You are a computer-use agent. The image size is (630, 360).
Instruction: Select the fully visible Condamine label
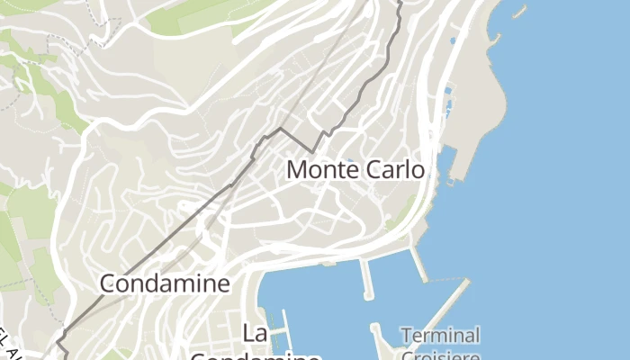pyautogui.click(x=165, y=283)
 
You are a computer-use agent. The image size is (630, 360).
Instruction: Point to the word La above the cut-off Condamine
pyautogui.click(x=255, y=334)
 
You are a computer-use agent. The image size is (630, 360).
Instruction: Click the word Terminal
pyautogui.click(x=440, y=336)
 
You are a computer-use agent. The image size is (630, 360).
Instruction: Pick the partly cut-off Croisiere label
pyautogui.click(x=440, y=354)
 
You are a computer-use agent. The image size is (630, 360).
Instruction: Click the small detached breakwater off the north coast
pyautogui.click(x=519, y=12)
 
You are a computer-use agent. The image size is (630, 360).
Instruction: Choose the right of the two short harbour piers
pyautogui.click(x=419, y=265)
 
